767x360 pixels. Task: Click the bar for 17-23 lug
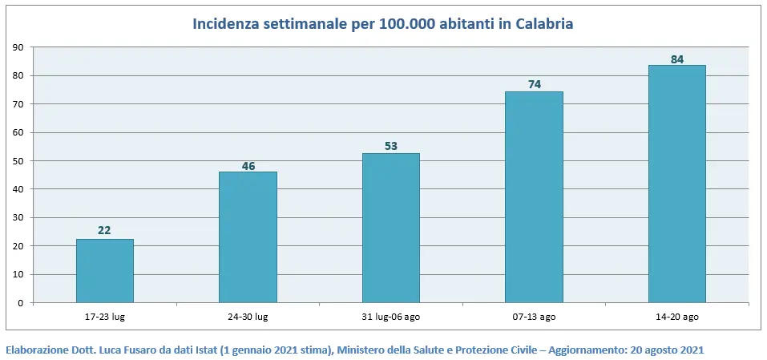(x=105, y=271)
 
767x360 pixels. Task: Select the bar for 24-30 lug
(x=248, y=237)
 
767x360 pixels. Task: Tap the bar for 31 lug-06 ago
(x=391, y=228)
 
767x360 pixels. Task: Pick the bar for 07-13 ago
(x=534, y=197)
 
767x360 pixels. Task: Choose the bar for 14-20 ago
(x=676, y=184)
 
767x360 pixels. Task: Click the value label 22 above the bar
(x=104, y=230)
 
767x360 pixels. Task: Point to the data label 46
(x=248, y=167)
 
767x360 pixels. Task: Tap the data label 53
(x=391, y=146)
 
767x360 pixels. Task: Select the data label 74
(x=534, y=84)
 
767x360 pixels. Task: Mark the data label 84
(x=676, y=59)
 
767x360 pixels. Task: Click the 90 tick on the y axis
(x=18, y=47)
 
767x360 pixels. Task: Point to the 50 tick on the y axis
(x=18, y=161)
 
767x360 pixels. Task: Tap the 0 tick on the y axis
(x=20, y=303)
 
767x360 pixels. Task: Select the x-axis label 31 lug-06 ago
(x=390, y=317)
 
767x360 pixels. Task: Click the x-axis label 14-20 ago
(x=676, y=317)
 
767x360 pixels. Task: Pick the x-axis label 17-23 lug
(x=104, y=317)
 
